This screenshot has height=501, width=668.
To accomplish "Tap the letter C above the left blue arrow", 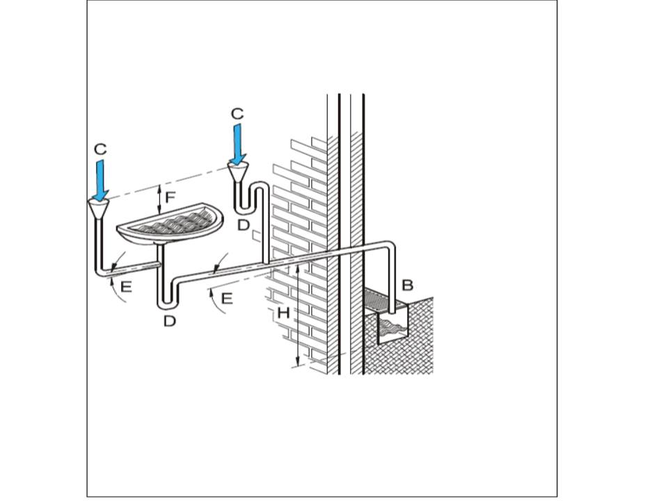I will (x=100, y=149).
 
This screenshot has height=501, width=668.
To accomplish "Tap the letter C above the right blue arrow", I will (x=237, y=113).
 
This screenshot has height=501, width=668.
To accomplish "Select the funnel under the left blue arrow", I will (x=99, y=207).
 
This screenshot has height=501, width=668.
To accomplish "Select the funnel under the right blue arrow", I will (x=239, y=170).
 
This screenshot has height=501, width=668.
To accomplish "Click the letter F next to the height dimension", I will (x=170, y=197).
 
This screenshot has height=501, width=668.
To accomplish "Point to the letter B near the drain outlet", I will (x=408, y=285).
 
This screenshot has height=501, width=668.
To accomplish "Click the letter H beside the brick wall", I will (x=283, y=313).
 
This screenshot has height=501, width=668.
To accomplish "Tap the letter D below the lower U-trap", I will (x=170, y=321).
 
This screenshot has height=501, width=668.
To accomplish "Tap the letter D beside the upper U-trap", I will (x=243, y=224).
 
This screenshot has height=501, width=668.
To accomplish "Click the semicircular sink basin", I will (x=170, y=223).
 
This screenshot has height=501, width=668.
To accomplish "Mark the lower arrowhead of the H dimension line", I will (x=299, y=361).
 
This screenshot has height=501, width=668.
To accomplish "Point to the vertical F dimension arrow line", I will (x=160, y=199).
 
